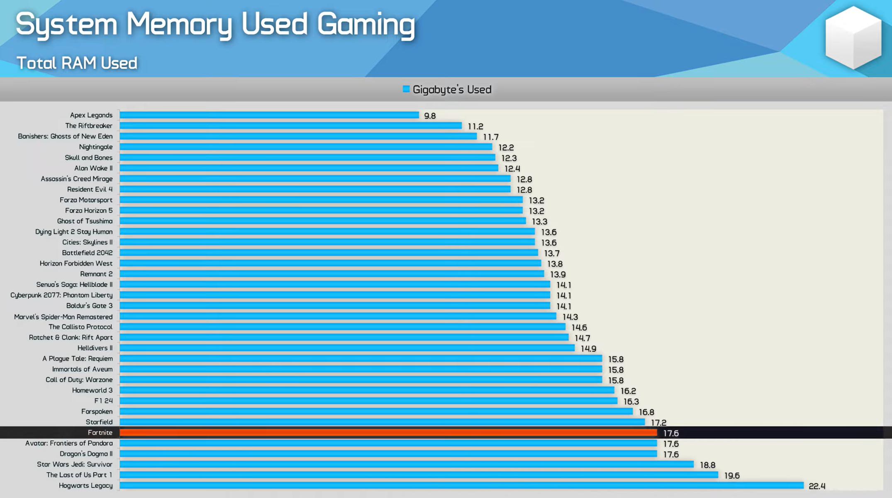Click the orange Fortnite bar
coord(388,433)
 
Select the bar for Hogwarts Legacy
coord(461,486)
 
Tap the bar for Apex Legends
coord(269,115)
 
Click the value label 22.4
coord(817,486)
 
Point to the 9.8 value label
coord(430,116)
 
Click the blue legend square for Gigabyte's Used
coord(406,89)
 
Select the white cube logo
coord(853,38)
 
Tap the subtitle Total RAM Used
coord(77,63)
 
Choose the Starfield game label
coord(99,422)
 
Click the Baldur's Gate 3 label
coord(89,306)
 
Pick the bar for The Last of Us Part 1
coord(419,475)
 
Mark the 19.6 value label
coord(732,476)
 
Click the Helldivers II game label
coord(95,348)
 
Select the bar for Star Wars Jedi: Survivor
coord(407,464)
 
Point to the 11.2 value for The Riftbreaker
coord(475,126)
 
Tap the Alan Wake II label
coord(93,168)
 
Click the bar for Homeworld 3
coord(367,391)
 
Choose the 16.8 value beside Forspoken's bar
coord(646,412)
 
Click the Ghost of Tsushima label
coord(85,221)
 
